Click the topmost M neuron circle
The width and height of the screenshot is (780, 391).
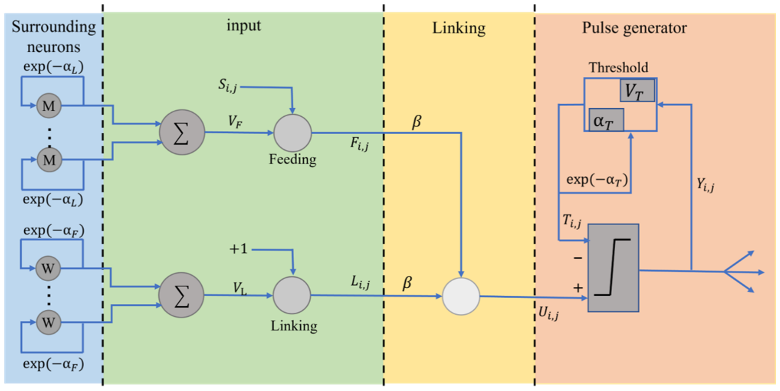49,106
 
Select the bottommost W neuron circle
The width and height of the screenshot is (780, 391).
48,322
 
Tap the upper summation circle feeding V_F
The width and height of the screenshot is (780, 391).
182,132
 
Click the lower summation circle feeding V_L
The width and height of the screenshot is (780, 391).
181,295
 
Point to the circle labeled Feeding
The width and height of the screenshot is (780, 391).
293,133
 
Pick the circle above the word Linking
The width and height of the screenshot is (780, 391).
292,295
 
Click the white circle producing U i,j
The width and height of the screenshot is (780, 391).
461,297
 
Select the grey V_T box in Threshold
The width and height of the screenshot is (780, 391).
637,90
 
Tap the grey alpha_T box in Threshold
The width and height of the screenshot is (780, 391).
606,120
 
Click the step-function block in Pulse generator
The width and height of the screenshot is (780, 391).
613,268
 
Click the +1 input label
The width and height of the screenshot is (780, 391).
238,249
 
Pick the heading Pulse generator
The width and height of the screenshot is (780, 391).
634,28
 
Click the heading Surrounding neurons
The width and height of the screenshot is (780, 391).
54,37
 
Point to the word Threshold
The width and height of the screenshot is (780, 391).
618,67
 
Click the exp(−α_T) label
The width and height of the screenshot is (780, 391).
597,180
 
